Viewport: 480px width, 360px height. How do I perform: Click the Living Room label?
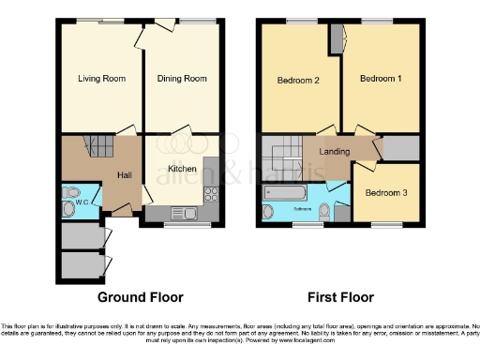coord(101,79)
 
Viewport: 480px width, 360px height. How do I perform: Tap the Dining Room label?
coord(182,79)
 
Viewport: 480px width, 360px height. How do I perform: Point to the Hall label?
coord(124,175)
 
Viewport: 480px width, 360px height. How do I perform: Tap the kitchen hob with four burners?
coord(210,197)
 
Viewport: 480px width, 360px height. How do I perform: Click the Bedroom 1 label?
coord(381,79)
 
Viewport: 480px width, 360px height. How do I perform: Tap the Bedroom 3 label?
coord(386,192)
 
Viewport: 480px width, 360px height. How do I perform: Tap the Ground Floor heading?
coord(141,297)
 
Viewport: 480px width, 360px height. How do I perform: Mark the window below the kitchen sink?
coord(187,224)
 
